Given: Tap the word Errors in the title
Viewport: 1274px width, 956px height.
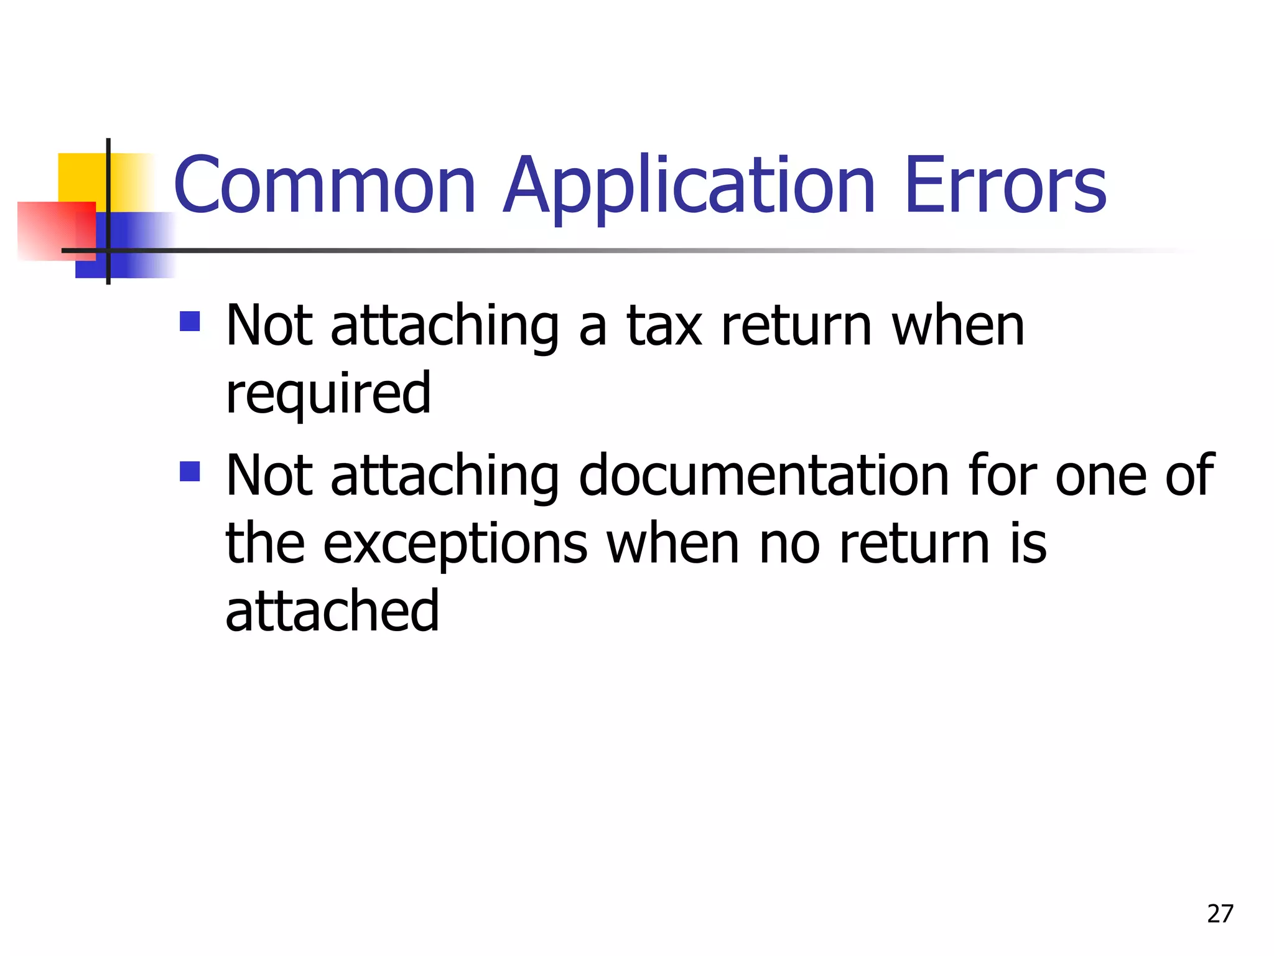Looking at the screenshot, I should point(1005,185).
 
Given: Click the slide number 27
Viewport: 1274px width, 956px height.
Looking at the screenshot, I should point(1220,914).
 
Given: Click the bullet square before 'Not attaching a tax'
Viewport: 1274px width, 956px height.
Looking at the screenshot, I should point(190,321).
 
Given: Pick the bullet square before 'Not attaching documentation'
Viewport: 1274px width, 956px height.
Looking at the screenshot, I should point(190,471).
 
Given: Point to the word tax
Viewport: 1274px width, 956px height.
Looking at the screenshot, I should point(664,326).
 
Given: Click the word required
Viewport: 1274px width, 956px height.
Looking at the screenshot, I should point(328,395).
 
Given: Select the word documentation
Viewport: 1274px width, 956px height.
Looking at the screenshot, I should point(764,476).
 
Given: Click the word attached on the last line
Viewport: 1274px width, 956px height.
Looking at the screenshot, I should point(332,611).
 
